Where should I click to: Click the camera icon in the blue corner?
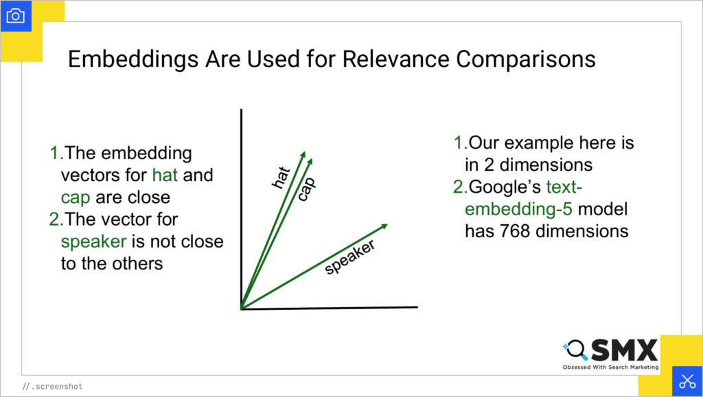click(x=15, y=15)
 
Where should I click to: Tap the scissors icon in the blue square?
click(x=687, y=381)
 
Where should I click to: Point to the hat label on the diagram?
click(x=281, y=176)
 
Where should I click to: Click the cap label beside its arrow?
click(x=306, y=187)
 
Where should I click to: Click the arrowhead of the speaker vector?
click(x=384, y=226)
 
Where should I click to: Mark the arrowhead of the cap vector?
click(x=310, y=160)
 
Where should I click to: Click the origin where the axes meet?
click(x=241, y=308)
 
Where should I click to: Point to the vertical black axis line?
click(x=240, y=206)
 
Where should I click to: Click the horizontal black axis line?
click(x=330, y=307)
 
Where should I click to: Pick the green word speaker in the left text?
click(x=92, y=241)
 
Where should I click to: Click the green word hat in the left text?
click(x=165, y=175)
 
